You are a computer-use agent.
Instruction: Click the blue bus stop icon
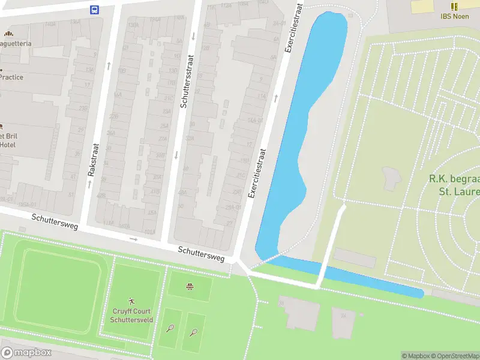point(94,9)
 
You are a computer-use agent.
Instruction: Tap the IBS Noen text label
point(454,16)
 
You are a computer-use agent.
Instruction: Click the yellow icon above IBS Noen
point(454,6)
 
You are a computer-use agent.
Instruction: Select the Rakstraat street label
point(92,159)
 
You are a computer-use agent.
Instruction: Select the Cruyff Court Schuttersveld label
point(132,316)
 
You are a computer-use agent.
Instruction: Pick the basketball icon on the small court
point(190,286)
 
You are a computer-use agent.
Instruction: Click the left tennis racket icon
point(170,329)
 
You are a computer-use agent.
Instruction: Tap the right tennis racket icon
point(194,331)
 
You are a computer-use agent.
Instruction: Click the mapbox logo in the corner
point(26,352)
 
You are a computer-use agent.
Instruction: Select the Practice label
point(11,77)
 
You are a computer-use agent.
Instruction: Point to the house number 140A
point(50,24)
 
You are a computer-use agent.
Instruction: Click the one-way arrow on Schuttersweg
point(133,239)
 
